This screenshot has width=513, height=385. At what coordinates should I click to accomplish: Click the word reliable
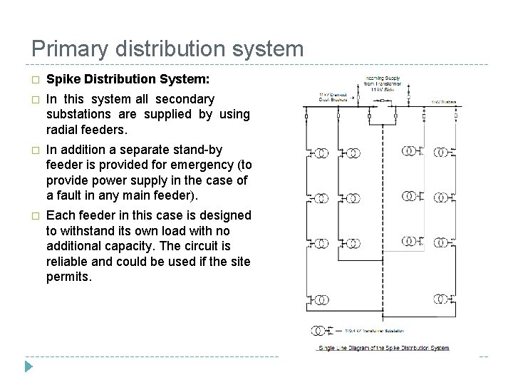68,261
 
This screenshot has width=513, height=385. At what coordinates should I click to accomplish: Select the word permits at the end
69,277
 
